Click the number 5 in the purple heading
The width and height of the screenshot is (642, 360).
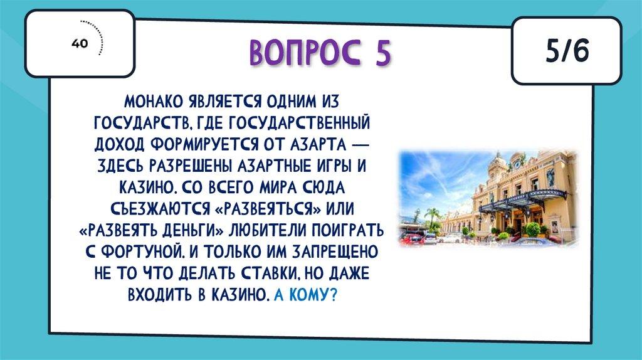click(382, 53)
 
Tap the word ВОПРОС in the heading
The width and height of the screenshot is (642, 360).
click(305, 53)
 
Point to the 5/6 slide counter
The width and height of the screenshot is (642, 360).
click(567, 51)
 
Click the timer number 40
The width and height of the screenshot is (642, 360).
click(80, 43)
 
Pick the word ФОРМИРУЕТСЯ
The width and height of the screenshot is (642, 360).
click(204, 144)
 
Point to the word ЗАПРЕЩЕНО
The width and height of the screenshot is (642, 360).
click(335, 252)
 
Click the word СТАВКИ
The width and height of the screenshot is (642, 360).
click(266, 273)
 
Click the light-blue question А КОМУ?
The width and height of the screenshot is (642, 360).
click(305, 295)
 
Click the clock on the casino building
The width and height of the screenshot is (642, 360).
click(517, 164)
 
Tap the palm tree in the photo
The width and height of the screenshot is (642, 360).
click(432, 216)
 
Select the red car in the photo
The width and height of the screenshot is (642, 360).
click(411, 239)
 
